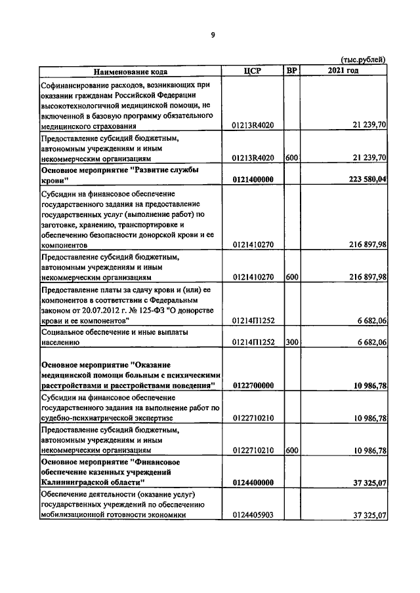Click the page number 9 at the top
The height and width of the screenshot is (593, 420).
tap(213, 35)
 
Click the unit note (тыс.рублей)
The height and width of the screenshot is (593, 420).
tap(364, 60)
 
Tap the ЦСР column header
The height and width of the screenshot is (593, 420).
tap(253, 71)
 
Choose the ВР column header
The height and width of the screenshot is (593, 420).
tap(292, 71)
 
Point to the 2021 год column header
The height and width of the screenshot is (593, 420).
tap(343, 71)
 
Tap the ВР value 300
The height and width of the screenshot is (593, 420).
tap(292, 341)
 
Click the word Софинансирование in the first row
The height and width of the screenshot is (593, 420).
tap(75, 85)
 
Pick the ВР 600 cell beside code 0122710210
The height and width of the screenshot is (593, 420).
tap(292, 451)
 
